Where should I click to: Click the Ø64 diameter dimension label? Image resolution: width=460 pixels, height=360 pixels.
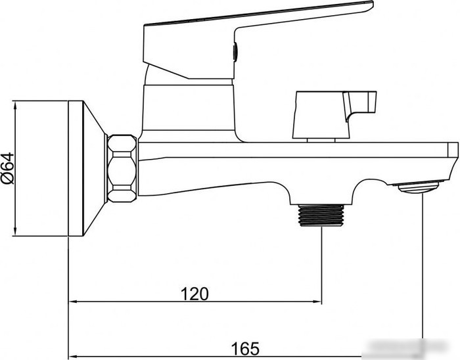point(8,168)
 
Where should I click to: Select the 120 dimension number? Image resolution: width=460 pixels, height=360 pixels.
point(195,294)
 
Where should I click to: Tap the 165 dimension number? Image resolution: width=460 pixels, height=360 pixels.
point(245,349)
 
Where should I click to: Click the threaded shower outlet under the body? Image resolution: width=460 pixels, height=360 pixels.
point(321,215)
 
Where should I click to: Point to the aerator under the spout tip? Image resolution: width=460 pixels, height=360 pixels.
point(419,187)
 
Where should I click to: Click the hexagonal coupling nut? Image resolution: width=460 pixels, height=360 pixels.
point(122,168)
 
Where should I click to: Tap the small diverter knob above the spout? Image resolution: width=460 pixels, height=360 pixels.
point(334,115)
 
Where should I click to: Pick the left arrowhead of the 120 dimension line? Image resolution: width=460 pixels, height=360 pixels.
point(72,302)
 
